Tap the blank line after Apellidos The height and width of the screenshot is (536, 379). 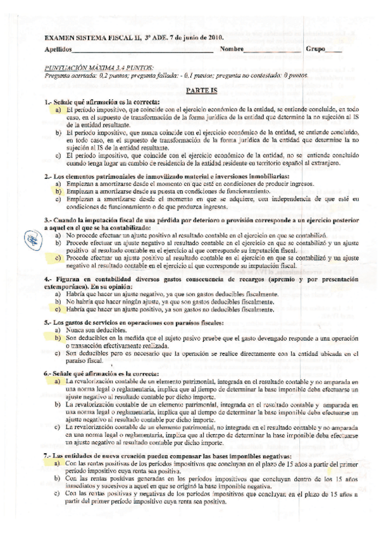pyautogui.click(x=134, y=51)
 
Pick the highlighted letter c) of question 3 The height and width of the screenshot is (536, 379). pyautogui.click(x=58, y=258)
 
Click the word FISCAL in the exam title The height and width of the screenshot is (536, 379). pyautogui.click(x=115, y=38)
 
